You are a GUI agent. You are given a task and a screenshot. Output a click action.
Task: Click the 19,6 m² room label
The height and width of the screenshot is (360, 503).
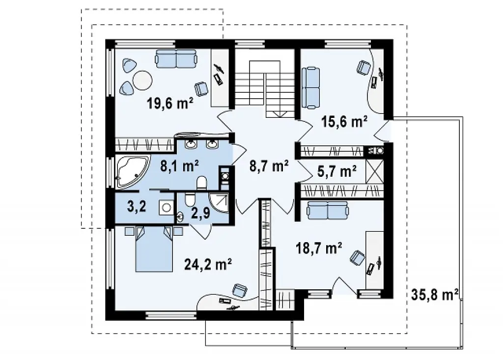[x=170, y=104]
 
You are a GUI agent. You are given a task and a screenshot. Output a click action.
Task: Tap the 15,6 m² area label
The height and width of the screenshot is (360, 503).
[x=344, y=122]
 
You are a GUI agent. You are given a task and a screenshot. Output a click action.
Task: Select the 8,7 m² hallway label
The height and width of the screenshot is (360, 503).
[x=269, y=166]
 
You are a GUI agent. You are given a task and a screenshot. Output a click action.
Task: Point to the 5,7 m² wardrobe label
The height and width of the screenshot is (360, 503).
[x=337, y=172]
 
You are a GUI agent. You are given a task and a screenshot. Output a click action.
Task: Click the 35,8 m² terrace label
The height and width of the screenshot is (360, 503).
[x=435, y=295]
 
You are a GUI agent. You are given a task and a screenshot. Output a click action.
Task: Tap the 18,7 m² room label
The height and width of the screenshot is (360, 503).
[x=318, y=248]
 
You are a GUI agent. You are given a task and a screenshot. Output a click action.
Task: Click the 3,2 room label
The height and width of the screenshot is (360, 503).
[x=137, y=207]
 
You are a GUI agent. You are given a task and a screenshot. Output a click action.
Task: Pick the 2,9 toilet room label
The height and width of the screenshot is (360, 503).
[x=200, y=213]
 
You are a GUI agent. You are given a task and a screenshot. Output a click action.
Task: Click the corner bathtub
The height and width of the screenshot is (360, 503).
[x=131, y=171]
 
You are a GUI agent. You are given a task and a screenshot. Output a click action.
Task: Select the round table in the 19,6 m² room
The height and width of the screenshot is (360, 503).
[x=142, y=80]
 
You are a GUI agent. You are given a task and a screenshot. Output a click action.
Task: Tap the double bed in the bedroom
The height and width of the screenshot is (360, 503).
[x=154, y=249]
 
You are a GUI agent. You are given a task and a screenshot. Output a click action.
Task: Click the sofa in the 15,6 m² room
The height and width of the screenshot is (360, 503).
[x=311, y=87]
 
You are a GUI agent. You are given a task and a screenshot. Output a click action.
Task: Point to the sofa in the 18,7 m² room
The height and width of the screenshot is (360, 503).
[x=328, y=211]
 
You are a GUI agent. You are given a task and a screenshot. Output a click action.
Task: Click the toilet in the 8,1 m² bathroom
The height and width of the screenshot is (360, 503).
[x=202, y=183]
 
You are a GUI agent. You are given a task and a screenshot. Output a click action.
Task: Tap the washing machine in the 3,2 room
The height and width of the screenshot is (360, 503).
[x=166, y=208]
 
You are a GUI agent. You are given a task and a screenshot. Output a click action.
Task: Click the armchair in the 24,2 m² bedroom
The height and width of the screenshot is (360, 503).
[x=240, y=290]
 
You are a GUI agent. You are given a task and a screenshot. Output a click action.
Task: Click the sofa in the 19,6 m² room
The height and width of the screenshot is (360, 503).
[x=176, y=58]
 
